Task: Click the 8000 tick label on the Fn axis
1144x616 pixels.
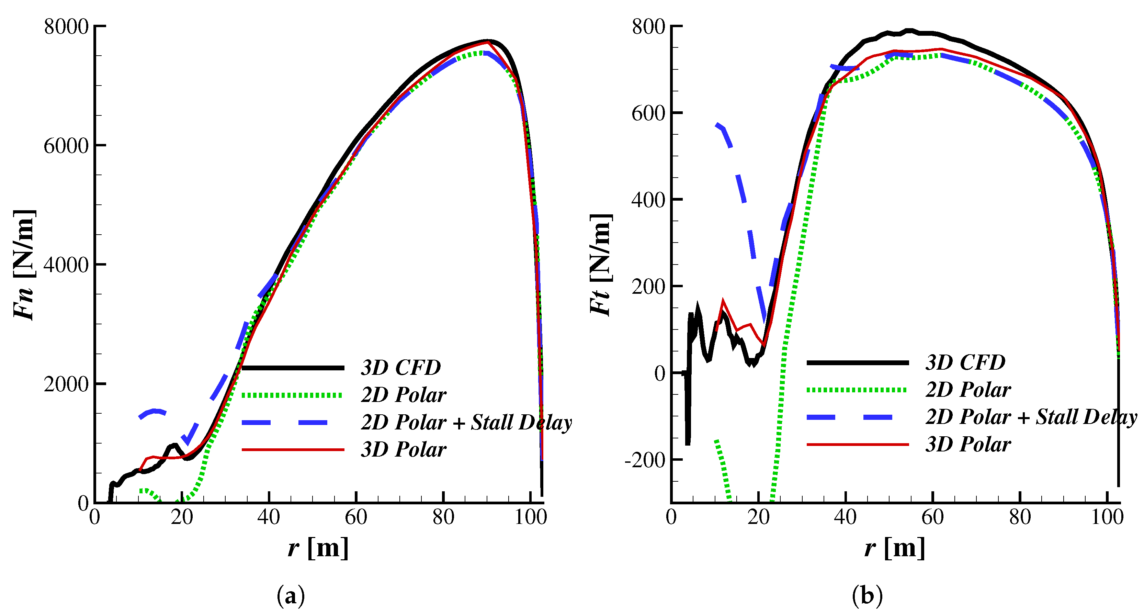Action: coord(66,27)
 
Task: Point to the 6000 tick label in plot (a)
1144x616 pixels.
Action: coord(66,146)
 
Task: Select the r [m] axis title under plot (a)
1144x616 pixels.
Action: coord(318,547)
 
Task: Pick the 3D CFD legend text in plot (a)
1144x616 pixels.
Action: coord(400,367)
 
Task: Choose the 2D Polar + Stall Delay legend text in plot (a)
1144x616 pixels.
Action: coord(466,422)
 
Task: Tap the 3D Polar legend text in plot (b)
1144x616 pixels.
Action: coord(968,444)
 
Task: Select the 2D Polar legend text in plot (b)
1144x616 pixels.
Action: coord(968,390)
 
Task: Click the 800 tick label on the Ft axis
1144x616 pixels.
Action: coord(648,27)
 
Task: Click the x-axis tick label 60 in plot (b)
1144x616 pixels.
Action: coord(932,517)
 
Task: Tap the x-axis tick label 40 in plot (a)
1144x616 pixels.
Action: coord(269,517)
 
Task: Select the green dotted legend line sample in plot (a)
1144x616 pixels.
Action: coord(292,395)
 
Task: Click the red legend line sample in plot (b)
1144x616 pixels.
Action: coord(857,444)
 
